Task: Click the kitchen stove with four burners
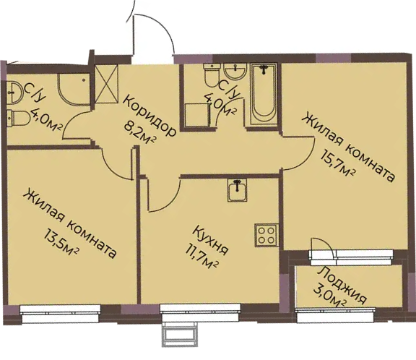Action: click(x=266, y=236)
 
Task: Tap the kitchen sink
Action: click(x=237, y=190)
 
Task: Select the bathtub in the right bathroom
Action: click(x=264, y=94)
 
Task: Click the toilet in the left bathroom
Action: click(x=18, y=118)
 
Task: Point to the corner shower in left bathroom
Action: click(x=74, y=90)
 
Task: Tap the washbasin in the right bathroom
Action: click(x=235, y=71)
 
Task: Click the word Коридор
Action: click(x=149, y=116)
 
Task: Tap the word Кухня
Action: click(x=211, y=241)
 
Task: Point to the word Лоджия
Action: click(x=342, y=285)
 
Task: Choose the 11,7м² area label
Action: click(x=202, y=257)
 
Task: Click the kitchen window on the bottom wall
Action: click(x=200, y=313)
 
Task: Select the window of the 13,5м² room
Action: click(x=61, y=314)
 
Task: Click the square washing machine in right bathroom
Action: click(x=196, y=115)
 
